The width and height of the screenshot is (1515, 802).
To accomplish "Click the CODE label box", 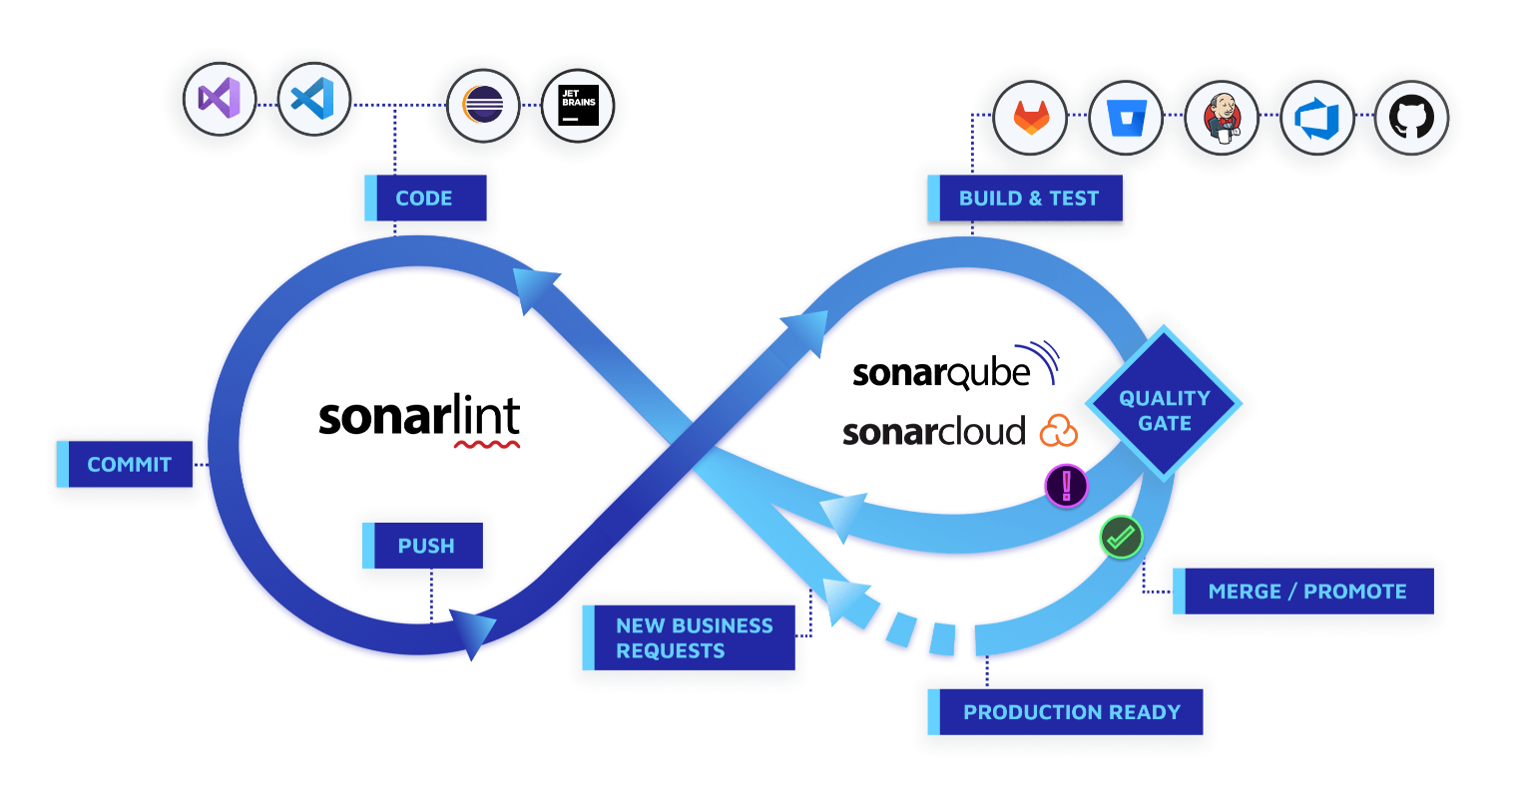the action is tap(425, 198).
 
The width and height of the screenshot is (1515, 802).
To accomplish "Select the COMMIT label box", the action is tap(125, 464).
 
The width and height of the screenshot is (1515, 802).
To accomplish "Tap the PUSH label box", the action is tap(423, 545).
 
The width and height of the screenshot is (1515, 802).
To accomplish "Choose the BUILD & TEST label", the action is tap(1025, 198).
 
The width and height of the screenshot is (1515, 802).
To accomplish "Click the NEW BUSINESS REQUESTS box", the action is tap(689, 637).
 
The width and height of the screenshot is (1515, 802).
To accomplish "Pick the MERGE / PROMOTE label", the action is tap(1303, 591).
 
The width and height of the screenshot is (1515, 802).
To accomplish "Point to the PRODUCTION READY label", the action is tap(1065, 711).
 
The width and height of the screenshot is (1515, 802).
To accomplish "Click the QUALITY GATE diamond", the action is tap(1164, 404).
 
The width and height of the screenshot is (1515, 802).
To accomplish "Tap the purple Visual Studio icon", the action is tap(220, 100).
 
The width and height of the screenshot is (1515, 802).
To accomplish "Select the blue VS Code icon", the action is tap(313, 100).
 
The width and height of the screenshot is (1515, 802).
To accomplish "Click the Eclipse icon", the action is tap(483, 106).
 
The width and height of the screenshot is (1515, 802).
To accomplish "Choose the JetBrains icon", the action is tap(578, 106).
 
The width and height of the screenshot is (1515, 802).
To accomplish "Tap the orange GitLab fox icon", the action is tap(1030, 118).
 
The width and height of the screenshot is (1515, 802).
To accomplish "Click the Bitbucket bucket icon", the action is tap(1126, 118).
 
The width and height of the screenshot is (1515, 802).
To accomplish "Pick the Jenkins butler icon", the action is tap(1222, 118).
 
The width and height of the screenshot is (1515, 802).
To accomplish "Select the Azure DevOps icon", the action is tap(1316, 118).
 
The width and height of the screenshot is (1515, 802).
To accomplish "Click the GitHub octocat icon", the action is tap(1411, 118).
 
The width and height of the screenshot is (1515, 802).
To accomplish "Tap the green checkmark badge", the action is tap(1122, 538).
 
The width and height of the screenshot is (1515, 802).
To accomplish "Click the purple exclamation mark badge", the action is tap(1067, 486).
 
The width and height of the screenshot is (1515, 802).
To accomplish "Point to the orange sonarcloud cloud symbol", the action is tap(1059, 432).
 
